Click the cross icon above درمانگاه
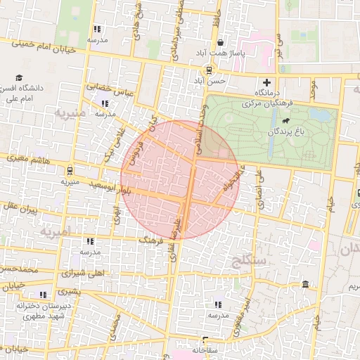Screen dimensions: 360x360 (x=266, y=83)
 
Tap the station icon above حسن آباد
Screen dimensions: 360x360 (x=208, y=70)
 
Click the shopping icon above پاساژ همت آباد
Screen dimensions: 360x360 (x=221, y=43)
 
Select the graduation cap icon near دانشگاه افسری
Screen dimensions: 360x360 (x=19, y=78)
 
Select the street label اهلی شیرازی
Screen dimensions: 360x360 (x=82, y=273)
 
